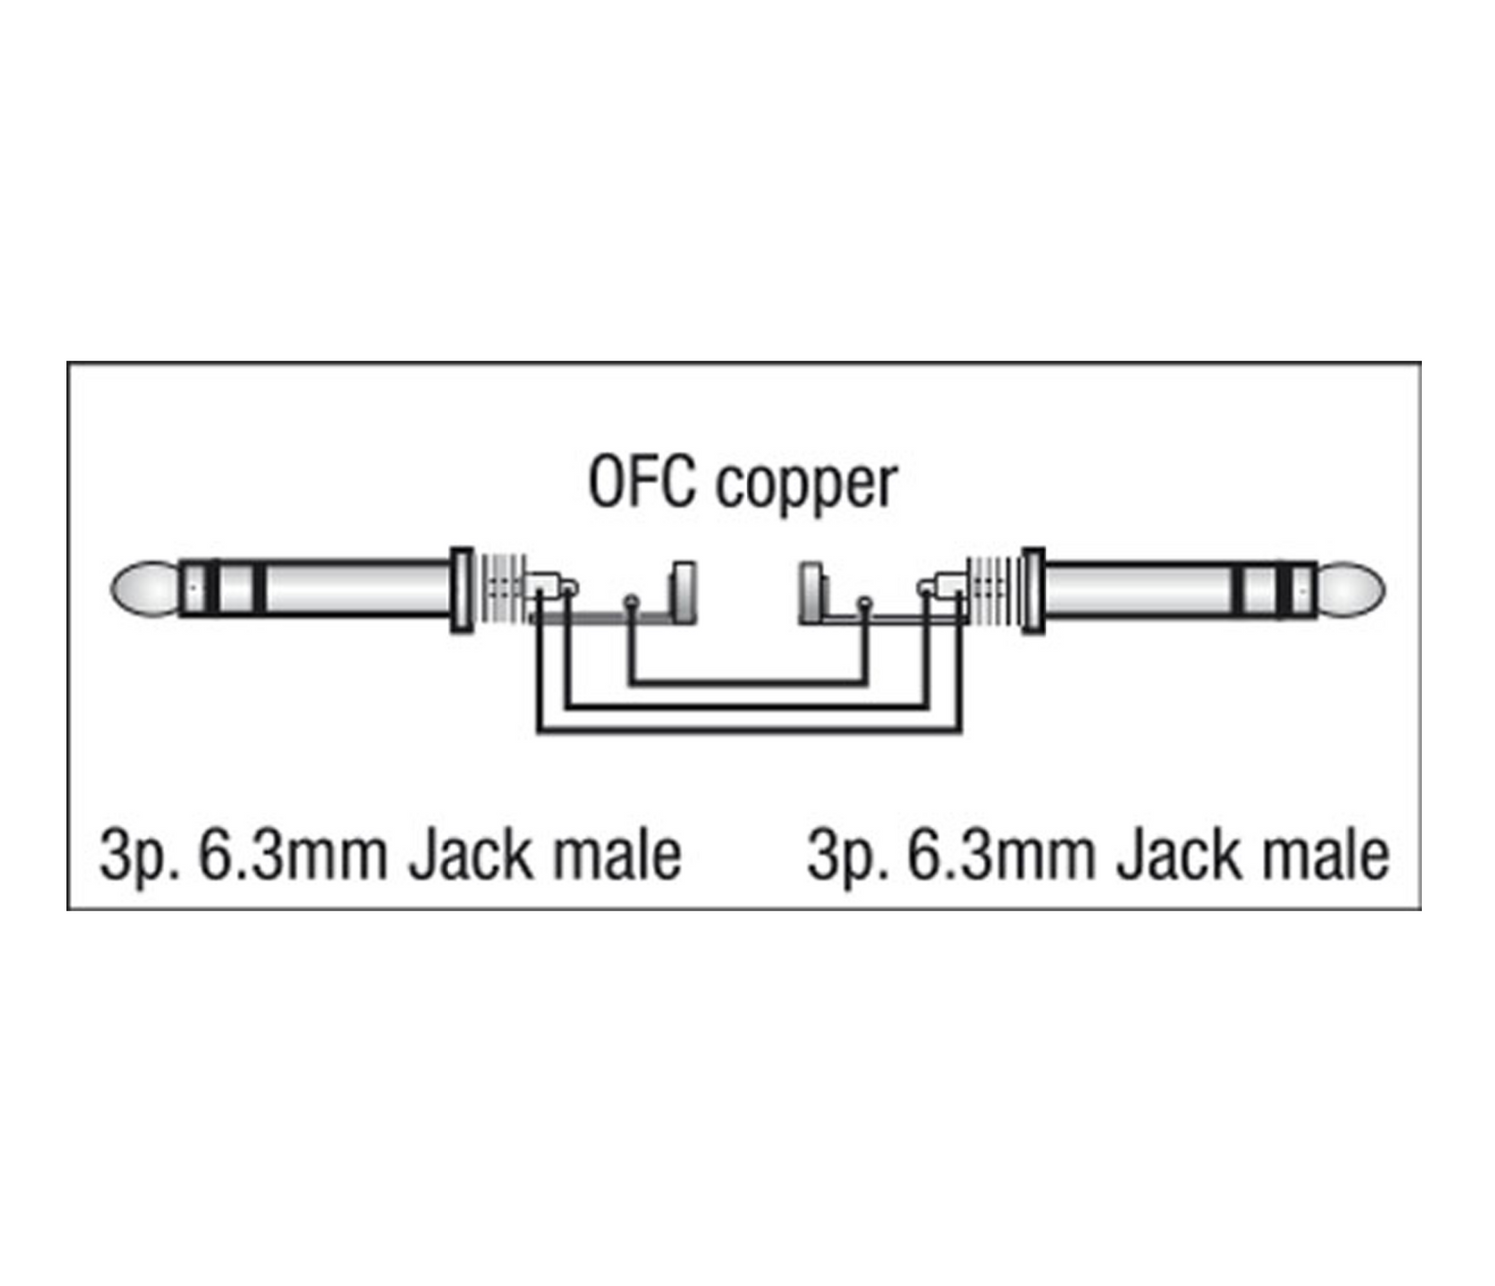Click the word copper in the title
(806, 486)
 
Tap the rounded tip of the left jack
(144, 589)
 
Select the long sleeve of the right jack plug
(1136, 589)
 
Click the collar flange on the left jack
(461, 589)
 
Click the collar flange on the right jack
(1033, 589)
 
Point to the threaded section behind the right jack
(993, 589)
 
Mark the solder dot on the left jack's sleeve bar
(630, 601)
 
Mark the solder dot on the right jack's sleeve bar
(864, 602)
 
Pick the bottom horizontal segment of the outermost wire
(748, 732)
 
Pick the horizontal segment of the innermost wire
(747, 683)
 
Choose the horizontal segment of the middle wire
(747, 708)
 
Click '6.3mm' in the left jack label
(293, 855)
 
